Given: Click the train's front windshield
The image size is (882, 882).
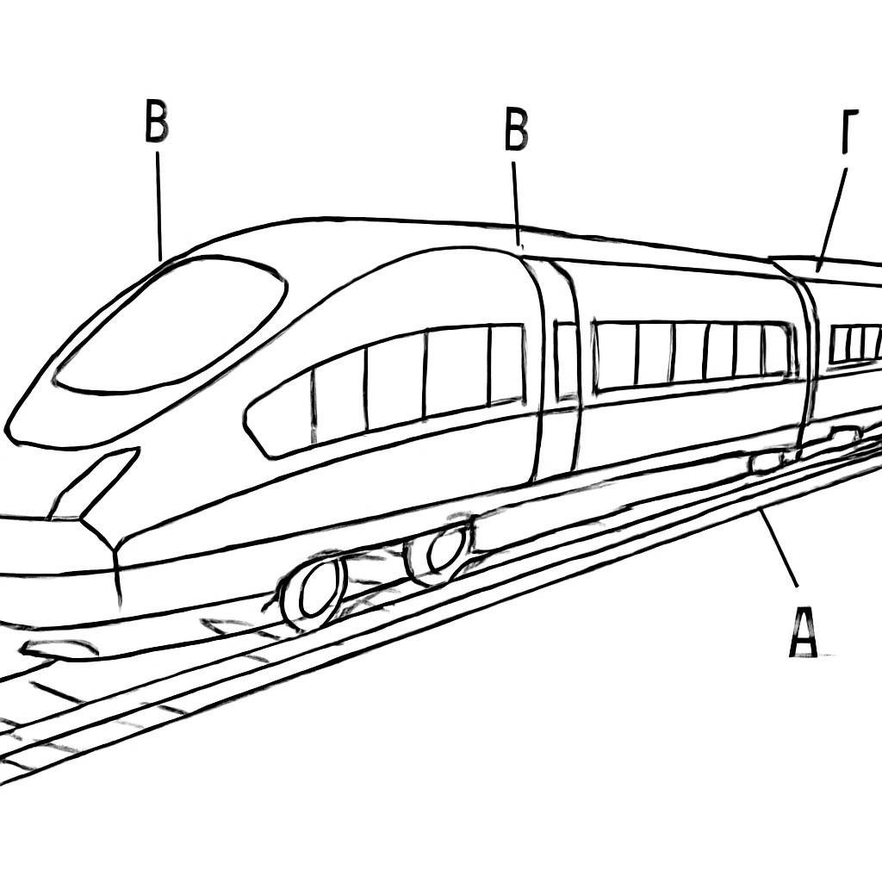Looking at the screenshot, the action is [169, 325].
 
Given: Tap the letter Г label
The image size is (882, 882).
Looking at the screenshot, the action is [850, 132].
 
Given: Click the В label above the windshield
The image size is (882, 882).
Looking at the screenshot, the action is [156, 121].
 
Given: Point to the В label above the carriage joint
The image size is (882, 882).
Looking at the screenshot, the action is [515, 130].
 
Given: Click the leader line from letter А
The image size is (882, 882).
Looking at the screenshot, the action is [779, 547].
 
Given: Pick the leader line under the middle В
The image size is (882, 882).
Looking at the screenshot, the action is [516, 203].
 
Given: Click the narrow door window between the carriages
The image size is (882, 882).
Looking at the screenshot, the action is [565, 361].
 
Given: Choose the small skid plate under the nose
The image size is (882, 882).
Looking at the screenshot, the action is [60, 649].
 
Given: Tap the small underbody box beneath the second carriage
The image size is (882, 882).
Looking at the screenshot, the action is [765, 463].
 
